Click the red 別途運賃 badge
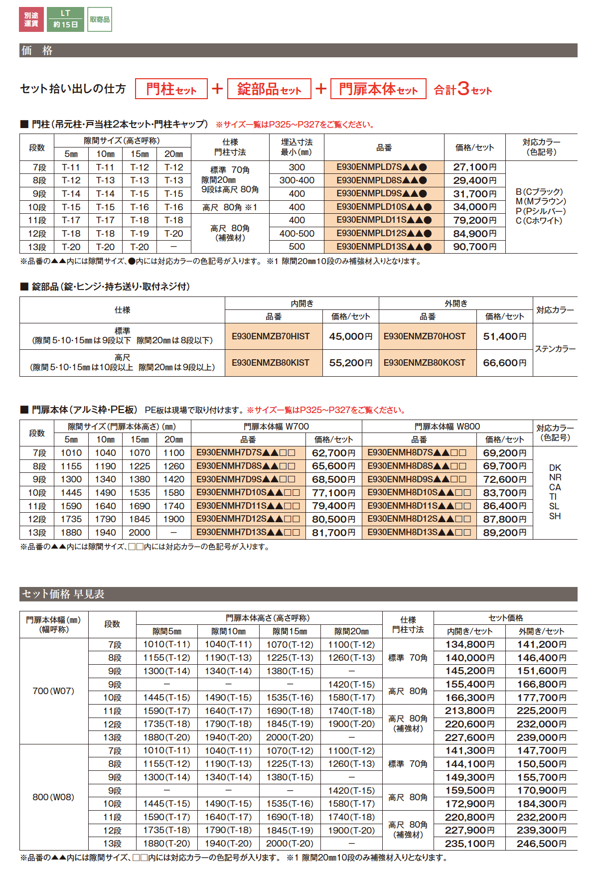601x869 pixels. click(31, 19)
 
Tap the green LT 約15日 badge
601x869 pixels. click(65, 19)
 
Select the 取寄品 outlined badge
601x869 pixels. click(100, 19)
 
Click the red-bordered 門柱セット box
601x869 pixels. click(171, 89)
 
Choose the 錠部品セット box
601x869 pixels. click(269, 89)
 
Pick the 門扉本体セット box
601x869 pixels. click(378, 89)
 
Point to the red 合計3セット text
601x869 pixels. click(462, 89)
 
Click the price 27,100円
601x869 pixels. click(474, 167)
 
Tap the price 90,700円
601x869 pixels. click(474, 247)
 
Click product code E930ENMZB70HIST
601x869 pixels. click(271, 336)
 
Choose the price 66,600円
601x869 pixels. click(504, 363)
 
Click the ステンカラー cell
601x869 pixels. click(555, 349)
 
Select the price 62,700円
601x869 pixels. click(333, 453)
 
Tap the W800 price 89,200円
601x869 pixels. click(504, 533)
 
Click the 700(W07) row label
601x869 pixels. click(53, 691)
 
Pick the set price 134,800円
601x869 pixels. click(469, 644)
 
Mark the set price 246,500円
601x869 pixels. click(541, 844)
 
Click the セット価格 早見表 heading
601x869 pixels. click(63, 594)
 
